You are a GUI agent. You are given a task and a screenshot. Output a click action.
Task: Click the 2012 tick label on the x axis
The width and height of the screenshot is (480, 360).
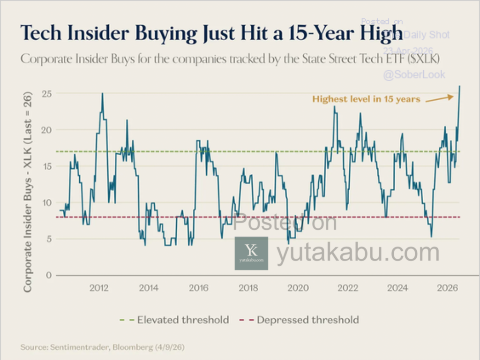99,288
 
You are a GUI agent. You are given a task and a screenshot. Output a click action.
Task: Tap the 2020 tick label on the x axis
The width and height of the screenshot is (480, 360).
298,288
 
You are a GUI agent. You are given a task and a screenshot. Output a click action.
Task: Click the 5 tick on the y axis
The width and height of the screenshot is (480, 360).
48,239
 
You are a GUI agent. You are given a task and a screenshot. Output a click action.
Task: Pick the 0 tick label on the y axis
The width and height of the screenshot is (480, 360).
48,275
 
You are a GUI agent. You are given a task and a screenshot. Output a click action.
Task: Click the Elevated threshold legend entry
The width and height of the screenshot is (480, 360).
174,320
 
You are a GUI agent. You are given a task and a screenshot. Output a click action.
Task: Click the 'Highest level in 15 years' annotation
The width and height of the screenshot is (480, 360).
366,99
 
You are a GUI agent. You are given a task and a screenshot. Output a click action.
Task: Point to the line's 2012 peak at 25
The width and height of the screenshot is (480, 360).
102,93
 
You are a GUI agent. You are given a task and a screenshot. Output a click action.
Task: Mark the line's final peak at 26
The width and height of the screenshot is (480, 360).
460,86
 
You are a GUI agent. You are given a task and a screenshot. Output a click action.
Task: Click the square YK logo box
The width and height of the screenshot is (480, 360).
251,253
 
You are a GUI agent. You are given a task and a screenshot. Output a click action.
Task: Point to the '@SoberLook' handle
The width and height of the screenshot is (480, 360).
414,75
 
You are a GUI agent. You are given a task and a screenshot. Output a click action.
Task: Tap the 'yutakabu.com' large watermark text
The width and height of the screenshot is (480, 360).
358,253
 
